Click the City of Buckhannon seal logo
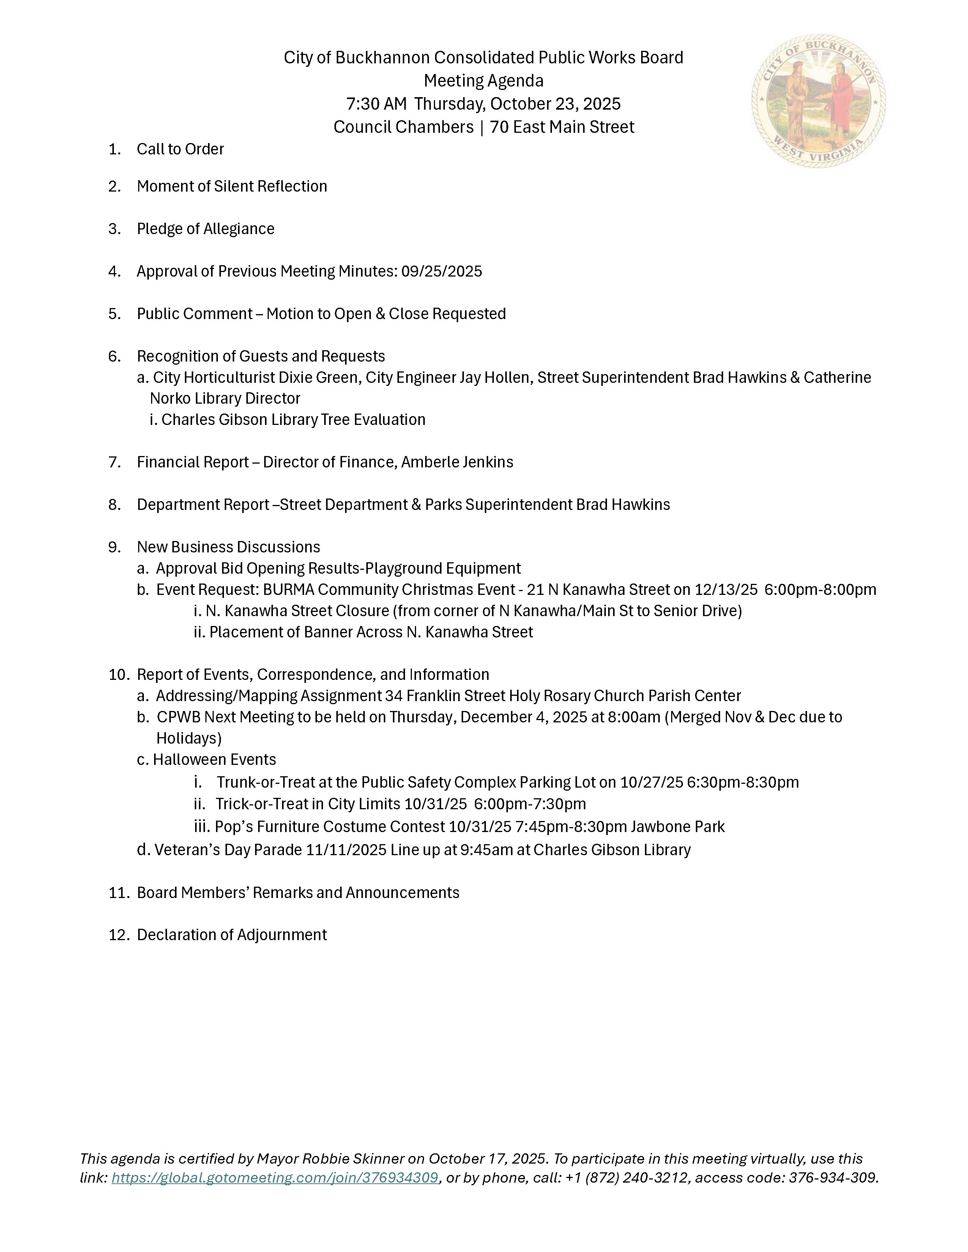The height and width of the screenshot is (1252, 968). point(818,101)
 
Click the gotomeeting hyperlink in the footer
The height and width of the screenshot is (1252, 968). point(275,1178)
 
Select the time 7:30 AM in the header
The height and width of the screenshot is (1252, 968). point(376,104)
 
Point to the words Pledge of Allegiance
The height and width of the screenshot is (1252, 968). point(205,229)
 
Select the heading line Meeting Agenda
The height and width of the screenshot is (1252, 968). point(483,81)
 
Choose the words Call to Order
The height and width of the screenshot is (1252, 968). point(180,149)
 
